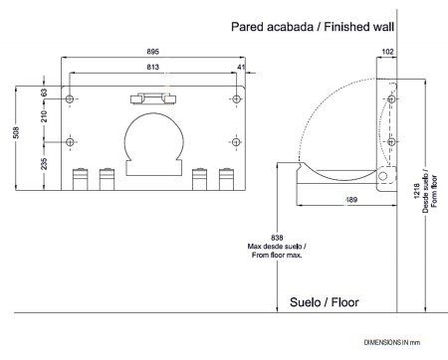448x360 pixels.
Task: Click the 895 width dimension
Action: (153, 52)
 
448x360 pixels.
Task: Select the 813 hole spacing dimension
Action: (153, 67)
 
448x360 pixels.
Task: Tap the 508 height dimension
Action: (17, 132)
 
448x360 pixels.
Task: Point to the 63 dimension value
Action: (44, 92)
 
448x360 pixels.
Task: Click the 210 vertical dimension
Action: (44, 116)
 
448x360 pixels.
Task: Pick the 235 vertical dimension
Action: (44, 164)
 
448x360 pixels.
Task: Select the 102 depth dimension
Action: (387, 52)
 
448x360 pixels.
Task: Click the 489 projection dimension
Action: (351, 200)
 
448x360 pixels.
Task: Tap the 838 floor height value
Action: (277, 238)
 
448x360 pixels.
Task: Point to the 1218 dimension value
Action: (417, 191)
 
